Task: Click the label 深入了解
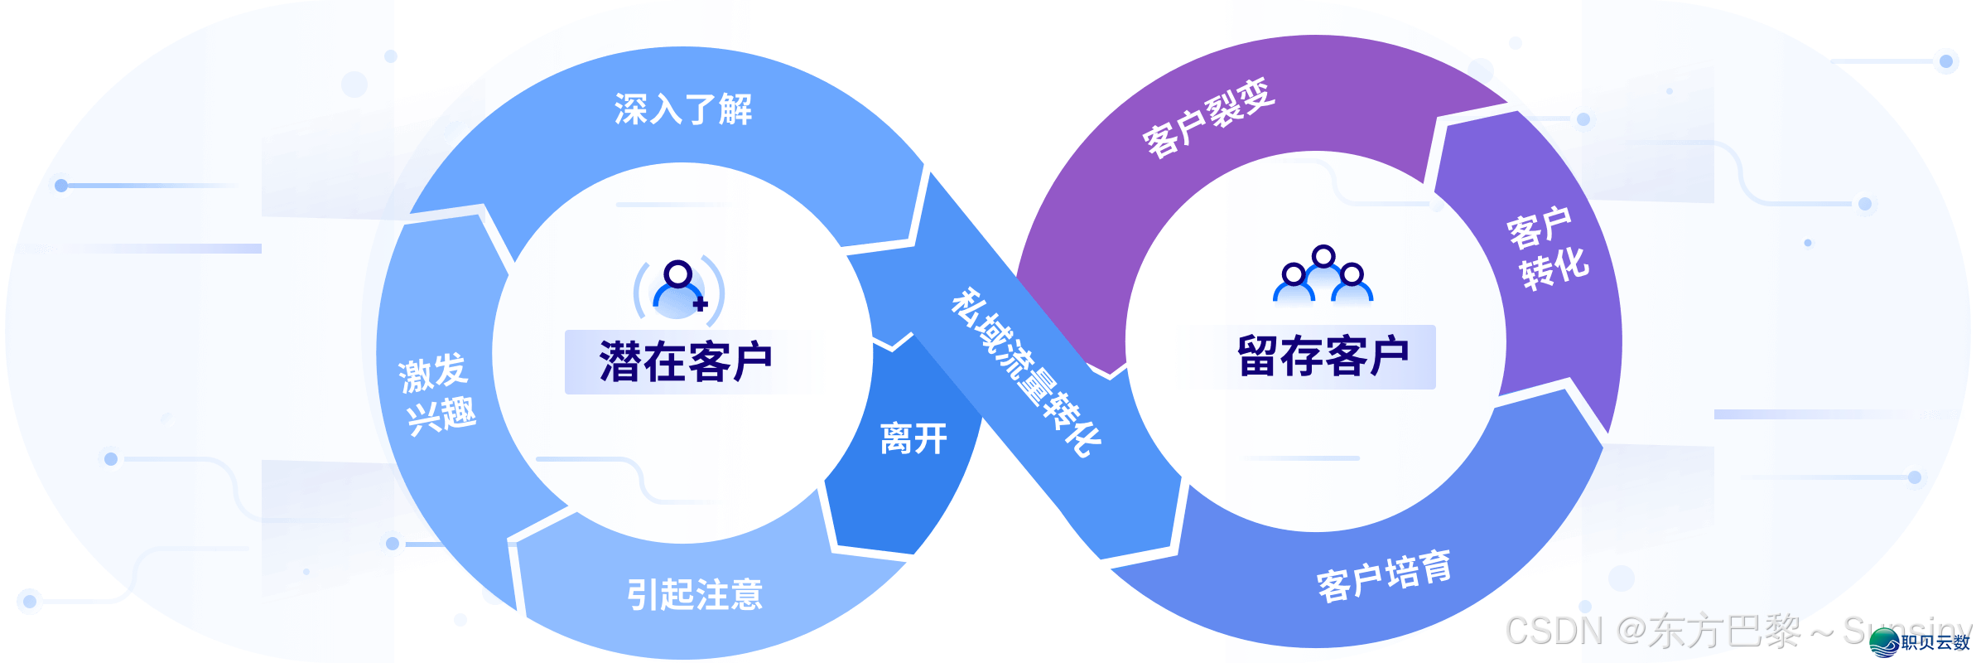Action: pos(683,109)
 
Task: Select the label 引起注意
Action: pos(694,594)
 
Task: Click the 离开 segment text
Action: pos(913,438)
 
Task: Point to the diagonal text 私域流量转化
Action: pos(1025,372)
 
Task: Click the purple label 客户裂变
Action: pos(1209,118)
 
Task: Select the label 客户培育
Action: pos(1384,576)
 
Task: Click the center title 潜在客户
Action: pos(687,361)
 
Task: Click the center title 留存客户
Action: pos(1323,356)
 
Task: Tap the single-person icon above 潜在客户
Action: pos(677,288)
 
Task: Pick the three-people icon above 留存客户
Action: pos(1323,278)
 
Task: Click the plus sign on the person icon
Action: pos(701,304)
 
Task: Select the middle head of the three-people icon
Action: pos(1323,257)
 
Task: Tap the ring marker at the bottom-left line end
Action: pos(30,601)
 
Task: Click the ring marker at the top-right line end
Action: pos(1945,61)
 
